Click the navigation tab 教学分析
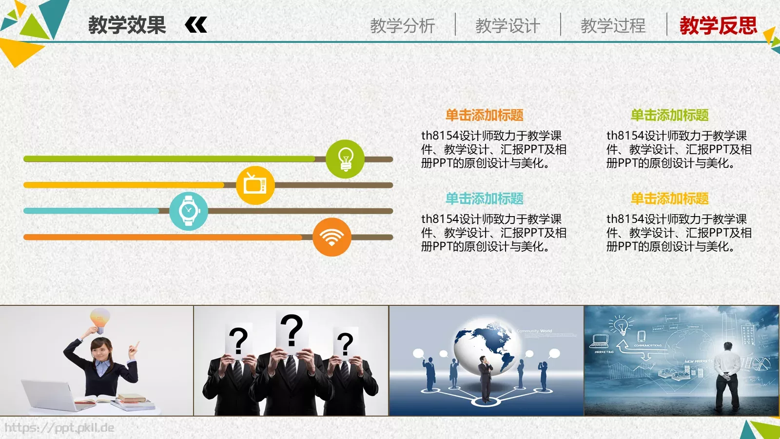point(402,25)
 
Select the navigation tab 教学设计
point(507,25)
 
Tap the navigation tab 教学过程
point(613,25)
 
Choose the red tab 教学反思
point(718,25)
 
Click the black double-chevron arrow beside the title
point(196,25)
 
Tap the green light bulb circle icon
point(345,159)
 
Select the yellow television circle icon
point(255,185)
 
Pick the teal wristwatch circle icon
point(189,211)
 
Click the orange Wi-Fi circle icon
point(331,237)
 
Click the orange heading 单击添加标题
point(484,115)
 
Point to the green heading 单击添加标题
point(669,115)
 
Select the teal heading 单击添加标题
point(484,199)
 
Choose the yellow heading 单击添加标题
point(669,199)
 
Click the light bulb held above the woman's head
point(99,319)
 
